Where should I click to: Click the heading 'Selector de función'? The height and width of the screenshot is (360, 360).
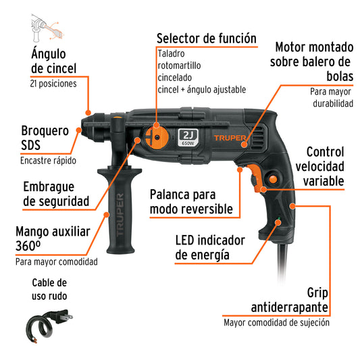tap(206, 38)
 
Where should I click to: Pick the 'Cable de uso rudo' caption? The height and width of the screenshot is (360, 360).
tap(49, 288)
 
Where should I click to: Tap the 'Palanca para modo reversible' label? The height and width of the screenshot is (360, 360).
tap(192, 203)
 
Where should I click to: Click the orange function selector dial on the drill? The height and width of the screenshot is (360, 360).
tap(157, 134)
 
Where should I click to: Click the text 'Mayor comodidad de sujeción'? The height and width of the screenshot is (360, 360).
tap(277, 322)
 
